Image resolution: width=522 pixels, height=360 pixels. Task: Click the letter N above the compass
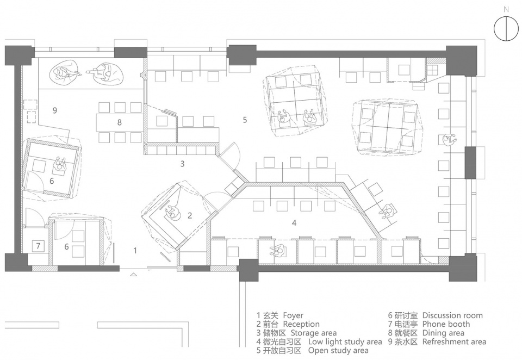[506, 10]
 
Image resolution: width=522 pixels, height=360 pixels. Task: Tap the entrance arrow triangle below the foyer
[134, 275]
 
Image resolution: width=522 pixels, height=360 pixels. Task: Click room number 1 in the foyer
[135, 251]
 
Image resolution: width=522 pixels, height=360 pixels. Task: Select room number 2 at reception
[190, 215]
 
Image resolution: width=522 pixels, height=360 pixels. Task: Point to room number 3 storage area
[183, 164]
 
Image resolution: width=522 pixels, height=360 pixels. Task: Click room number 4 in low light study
[294, 222]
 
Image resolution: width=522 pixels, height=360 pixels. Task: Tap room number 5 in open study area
[245, 120]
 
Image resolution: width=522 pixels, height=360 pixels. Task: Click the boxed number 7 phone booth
[38, 246]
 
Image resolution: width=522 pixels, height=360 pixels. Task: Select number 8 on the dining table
[120, 122]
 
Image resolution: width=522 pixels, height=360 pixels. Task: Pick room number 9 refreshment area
[55, 110]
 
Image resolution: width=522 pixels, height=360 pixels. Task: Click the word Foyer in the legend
[293, 316]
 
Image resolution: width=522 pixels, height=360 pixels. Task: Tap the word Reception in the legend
[301, 324]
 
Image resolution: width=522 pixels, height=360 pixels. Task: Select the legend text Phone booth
[446, 324]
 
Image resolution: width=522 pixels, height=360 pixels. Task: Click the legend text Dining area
[443, 333]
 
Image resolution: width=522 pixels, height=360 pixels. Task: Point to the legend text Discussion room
[452, 316]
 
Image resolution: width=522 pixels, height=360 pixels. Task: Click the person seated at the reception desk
[173, 214]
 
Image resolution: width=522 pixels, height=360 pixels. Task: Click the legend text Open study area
[338, 351]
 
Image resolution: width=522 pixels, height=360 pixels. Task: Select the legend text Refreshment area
[454, 342]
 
